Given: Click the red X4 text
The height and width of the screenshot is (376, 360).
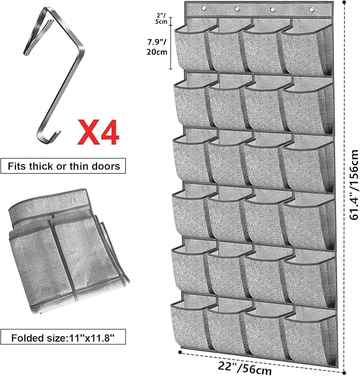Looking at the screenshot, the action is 98,132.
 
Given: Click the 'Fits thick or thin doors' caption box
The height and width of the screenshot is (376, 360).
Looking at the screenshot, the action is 63,166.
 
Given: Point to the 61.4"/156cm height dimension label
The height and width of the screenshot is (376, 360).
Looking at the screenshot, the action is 354,185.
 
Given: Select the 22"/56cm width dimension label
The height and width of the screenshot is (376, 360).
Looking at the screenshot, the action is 245,368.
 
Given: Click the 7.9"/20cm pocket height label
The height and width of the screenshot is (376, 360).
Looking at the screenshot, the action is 157,47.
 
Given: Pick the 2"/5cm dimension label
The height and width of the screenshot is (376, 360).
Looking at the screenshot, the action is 161,19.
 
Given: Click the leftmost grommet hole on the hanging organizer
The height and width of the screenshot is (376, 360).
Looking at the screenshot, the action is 204,8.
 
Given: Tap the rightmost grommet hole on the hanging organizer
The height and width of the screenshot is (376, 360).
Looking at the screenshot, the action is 311,10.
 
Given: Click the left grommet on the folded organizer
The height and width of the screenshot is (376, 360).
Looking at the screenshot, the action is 28,209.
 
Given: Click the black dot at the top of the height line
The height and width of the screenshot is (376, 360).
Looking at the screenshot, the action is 345,2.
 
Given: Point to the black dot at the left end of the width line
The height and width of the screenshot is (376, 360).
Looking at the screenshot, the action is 180,352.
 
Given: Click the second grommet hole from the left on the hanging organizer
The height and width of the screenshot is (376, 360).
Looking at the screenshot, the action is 237,9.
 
